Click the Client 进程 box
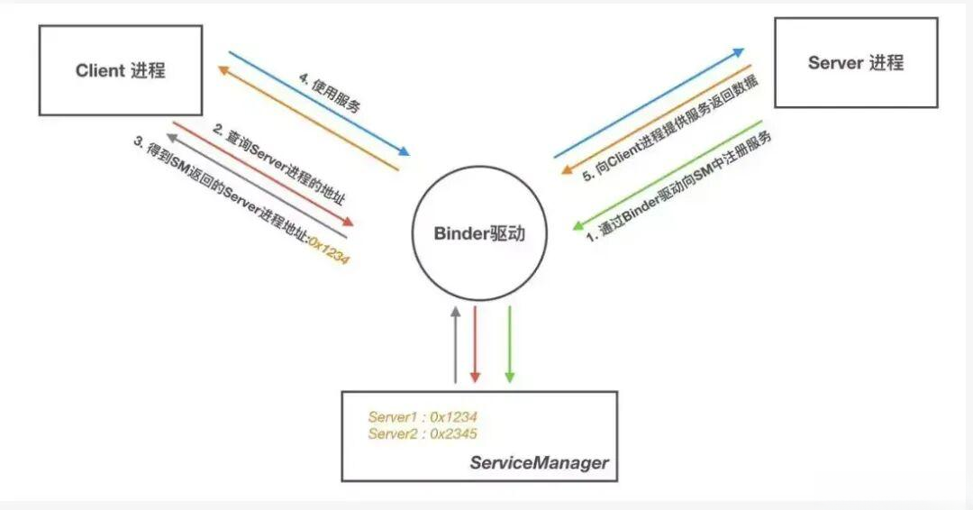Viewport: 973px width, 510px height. (x=121, y=70)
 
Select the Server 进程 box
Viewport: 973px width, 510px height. (x=856, y=63)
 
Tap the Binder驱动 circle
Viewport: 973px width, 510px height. (x=479, y=233)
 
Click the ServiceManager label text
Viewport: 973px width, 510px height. (x=539, y=463)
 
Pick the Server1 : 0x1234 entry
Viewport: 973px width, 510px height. (x=422, y=417)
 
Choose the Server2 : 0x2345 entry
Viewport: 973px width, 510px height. (x=422, y=433)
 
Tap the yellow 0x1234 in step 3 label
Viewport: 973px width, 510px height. (x=330, y=250)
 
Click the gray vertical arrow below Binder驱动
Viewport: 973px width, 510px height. (x=456, y=344)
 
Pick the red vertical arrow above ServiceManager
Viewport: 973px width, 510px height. (x=476, y=344)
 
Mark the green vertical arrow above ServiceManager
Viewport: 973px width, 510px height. (x=509, y=344)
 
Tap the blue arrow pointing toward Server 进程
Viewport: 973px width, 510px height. (x=649, y=104)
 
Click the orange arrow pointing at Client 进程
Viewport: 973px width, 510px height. (x=306, y=118)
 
